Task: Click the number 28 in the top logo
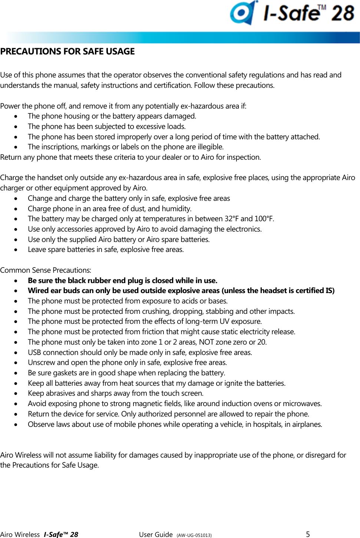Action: coord(343,13)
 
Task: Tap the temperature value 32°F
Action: coord(231,219)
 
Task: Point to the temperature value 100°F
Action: coord(264,219)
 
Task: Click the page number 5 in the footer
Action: coord(308,534)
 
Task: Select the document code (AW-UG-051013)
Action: coord(194,535)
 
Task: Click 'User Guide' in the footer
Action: coord(156,534)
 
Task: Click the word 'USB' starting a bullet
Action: coord(34,352)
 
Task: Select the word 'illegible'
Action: coord(210,147)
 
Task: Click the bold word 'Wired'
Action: coord(38,290)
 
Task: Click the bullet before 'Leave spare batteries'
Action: coord(16,250)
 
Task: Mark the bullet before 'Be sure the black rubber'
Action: coord(16,280)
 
